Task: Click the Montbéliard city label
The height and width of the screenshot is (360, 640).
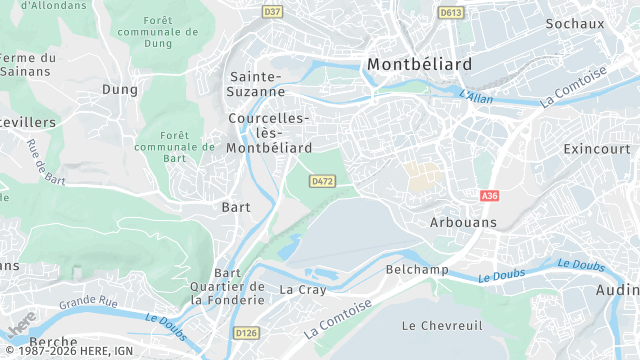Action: point(419,64)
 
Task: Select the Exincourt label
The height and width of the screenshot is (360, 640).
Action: point(597,149)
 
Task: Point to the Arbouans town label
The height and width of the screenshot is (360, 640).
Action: point(462,221)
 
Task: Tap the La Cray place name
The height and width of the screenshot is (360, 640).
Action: point(302,290)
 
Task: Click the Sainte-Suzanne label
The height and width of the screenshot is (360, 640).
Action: point(258,84)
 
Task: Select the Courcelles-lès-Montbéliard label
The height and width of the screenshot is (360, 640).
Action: point(268,133)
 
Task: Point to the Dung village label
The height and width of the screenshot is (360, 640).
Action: point(119,89)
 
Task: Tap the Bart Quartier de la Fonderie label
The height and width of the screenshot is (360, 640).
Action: point(228,286)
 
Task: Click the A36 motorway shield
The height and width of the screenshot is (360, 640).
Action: point(489,196)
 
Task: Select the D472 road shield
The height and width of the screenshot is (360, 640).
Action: point(322,181)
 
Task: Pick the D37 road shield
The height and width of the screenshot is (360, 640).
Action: point(272,12)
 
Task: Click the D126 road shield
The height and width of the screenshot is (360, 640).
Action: point(245,332)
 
